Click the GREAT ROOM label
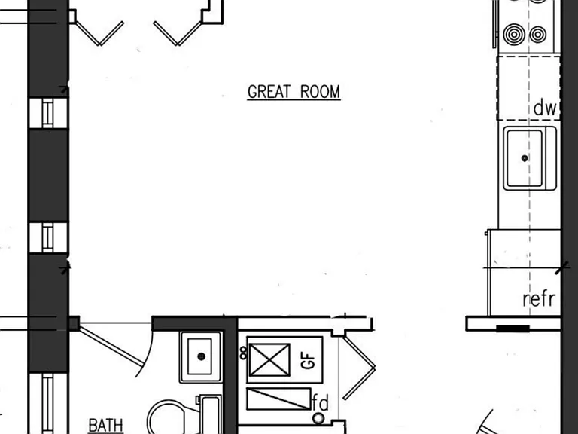(294, 92)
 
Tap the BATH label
(105, 426)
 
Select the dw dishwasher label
(545, 108)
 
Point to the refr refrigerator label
(539, 299)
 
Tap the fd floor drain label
(321, 402)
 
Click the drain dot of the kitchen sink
(525, 158)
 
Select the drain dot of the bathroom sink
(201, 356)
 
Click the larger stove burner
(514, 35)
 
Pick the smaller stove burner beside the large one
(538, 35)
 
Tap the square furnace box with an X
(269, 360)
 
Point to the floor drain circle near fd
(318, 418)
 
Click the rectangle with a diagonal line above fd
(278, 399)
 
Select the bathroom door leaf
(111, 347)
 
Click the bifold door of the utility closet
(359, 367)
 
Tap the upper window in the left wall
(48, 113)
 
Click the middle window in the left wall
(48, 237)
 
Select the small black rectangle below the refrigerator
(513, 329)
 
